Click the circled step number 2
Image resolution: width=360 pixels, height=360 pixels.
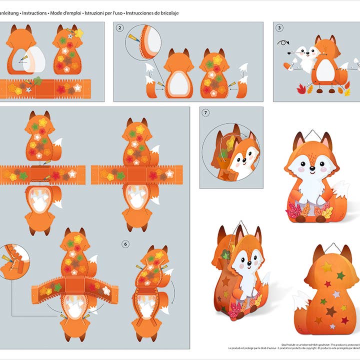(119, 28)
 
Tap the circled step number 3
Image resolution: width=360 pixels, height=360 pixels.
(279, 28)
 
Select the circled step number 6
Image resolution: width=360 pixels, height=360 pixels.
(125, 244)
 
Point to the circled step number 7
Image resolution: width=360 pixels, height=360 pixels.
(205, 113)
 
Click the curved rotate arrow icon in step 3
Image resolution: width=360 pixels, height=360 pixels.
(283, 43)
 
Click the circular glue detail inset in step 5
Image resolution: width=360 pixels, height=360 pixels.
(13, 261)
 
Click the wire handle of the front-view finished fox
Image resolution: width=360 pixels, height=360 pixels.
(311, 133)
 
